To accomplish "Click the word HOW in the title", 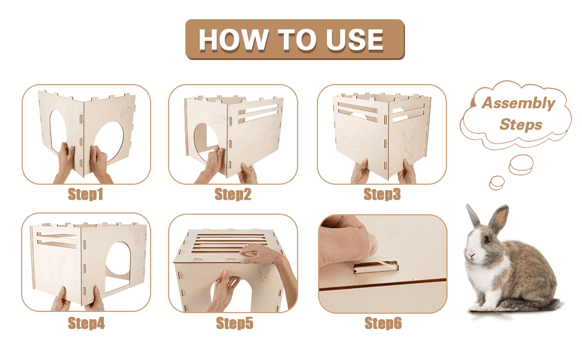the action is click(233, 40).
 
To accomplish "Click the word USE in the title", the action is click(355, 40).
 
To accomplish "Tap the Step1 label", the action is click(85, 194).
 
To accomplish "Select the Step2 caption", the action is click(233, 194).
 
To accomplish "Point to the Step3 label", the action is click(382, 194).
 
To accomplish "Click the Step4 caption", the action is click(86, 323).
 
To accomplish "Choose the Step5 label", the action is click(235, 323).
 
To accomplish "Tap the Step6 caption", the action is click(383, 323).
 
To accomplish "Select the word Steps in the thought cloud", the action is click(521, 125).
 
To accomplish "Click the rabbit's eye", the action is click(487, 239).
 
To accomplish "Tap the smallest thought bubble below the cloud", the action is click(497, 182).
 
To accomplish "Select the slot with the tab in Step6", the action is click(376, 266).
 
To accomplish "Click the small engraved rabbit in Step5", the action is click(264, 275).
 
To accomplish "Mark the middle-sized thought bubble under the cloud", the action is click(521, 165).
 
